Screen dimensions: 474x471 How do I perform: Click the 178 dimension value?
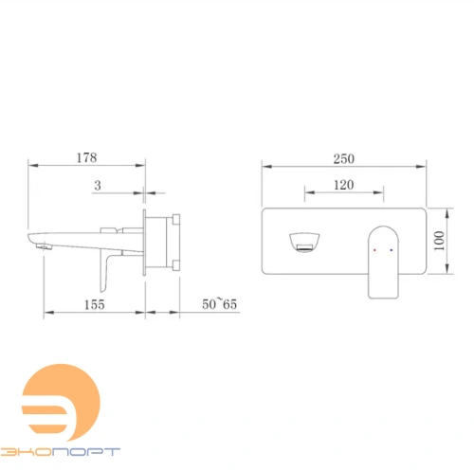(x=86, y=157)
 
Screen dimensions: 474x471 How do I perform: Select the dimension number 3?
(x=98, y=185)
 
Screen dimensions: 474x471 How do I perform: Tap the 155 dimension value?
(x=94, y=304)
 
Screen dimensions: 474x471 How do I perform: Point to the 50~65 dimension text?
(x=219, y=304)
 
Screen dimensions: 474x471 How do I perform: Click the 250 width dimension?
(x=344, y=158)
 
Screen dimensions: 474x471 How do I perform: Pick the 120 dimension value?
(x=344, y=185)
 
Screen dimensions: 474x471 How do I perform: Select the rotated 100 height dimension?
(x=439, y=241)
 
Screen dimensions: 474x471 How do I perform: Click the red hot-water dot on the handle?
(x=374, y=250)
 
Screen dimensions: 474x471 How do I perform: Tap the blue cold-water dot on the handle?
(x=392, y=250)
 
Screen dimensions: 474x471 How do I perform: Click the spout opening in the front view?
(x=304, y=243)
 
